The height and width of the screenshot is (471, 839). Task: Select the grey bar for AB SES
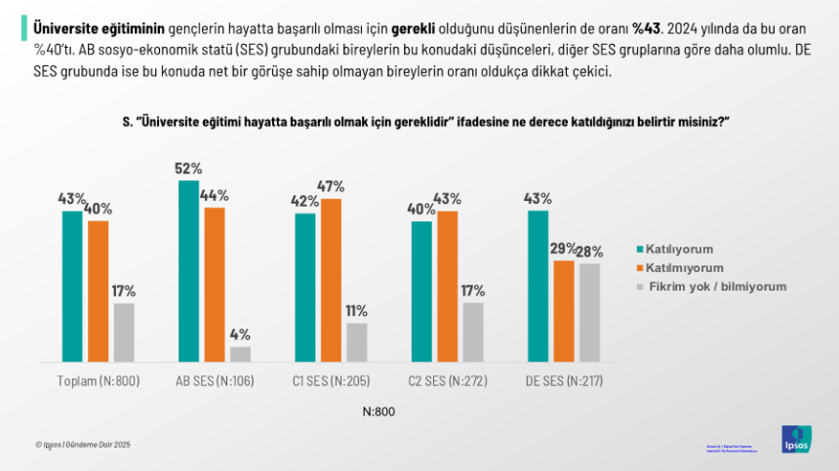[x=240, y=354]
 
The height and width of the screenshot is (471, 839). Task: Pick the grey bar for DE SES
[x=589, y=313]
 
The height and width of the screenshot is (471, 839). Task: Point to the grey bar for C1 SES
[x=356, y=342]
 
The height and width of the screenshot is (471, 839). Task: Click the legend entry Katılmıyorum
[x=687, y=267]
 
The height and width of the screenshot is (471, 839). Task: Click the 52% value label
[x=188, y=169]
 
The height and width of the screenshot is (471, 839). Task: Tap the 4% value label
[x=240, y=334]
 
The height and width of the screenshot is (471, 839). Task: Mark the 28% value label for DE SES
[x=589, y=251]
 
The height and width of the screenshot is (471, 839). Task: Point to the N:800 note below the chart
[x=378, y=412]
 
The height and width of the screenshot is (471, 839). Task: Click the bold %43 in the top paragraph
[x=648, y=26]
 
